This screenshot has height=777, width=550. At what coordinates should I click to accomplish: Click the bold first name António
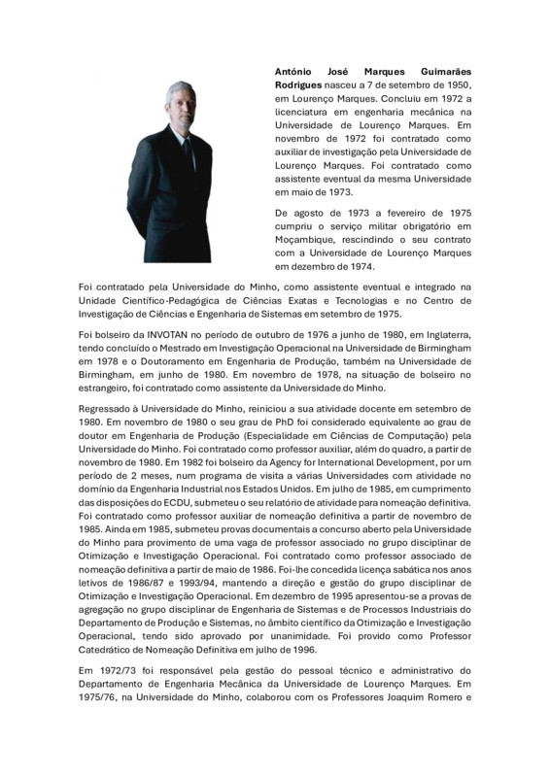[297, 71]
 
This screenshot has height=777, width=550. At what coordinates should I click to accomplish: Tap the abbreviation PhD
[267, 427]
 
